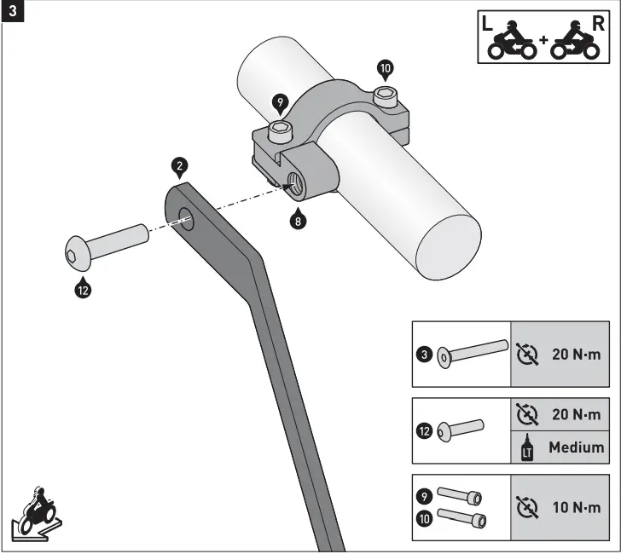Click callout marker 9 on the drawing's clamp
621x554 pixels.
tap(279, 103)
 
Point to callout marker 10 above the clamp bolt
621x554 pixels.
tap(385, 67)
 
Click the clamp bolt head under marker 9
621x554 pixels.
tap(279, 130)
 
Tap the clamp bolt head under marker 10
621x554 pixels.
tap(386, 94)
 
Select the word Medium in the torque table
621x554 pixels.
tap(577, 447)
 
